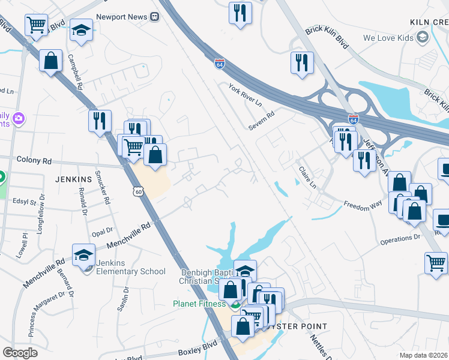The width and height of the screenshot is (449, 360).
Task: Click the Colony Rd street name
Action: (x=34, y=161)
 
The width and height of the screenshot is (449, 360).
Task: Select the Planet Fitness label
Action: (x=201, y=304)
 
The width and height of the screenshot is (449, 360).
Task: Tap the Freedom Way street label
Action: (x=363, y=205)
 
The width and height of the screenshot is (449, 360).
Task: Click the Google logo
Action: (x=20, y=353)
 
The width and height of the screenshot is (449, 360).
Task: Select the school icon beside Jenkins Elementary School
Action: (x=83, y=255)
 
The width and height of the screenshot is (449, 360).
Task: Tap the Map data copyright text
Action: (x=424, y=355)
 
